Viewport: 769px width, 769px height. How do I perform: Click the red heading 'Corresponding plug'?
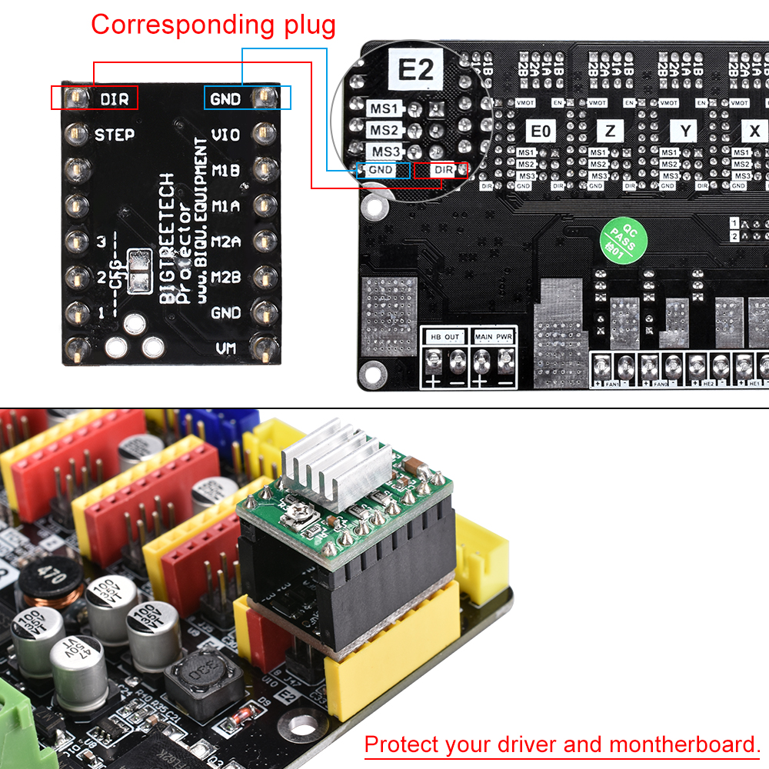click(213, 25)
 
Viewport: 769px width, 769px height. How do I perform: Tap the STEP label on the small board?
click(115, 135)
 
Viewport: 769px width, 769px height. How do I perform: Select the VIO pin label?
click(225, 135)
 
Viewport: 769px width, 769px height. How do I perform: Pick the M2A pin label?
click(226, 241)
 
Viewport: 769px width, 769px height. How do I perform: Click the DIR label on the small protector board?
click(115, 98)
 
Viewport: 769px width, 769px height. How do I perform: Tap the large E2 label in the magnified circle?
click(415, 71)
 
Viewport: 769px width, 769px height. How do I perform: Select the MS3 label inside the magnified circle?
click(384, 151)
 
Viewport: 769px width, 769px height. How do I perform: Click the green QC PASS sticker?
click(624, 239)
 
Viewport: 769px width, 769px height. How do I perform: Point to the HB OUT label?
click(444, 337)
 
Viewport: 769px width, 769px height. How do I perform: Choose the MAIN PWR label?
click(494, 337)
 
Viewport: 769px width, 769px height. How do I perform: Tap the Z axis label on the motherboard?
click(610, 131)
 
